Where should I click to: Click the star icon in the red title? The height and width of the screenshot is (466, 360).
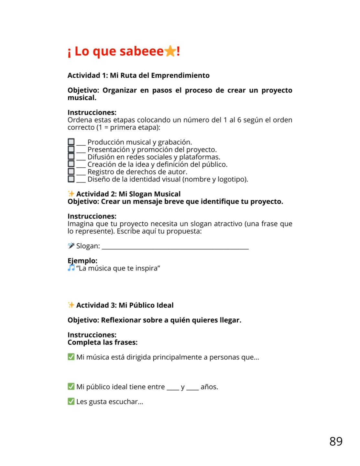[x=170, y=51]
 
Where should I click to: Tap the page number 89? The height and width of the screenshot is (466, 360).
[x=336, y=441]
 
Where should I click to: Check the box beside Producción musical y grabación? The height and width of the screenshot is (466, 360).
[x=71, y=142]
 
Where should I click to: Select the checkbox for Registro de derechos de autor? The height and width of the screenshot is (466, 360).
[x=71, y=172]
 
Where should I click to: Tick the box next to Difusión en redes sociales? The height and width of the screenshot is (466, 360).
[x=71, y=157]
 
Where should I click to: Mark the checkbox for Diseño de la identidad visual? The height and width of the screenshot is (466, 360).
[x=71, y=179]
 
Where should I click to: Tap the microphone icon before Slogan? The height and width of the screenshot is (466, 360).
[x=71, y=246]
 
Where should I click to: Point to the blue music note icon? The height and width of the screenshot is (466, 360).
[x=71, y=268]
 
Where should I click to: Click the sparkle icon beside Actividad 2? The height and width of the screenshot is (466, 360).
[x=71, y=194]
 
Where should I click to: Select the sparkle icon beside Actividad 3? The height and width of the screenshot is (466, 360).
[x=71, y=305]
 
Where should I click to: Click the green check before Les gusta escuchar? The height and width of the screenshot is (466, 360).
[x=71, y=401]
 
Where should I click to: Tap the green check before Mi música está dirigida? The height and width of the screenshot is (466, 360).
[x=71, y=357]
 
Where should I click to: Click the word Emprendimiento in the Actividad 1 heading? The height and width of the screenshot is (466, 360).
[x=180, y=75]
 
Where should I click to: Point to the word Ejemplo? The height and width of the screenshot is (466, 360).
[x=82, y=261]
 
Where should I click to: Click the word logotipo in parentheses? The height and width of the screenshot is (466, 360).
[x=232, y=179]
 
